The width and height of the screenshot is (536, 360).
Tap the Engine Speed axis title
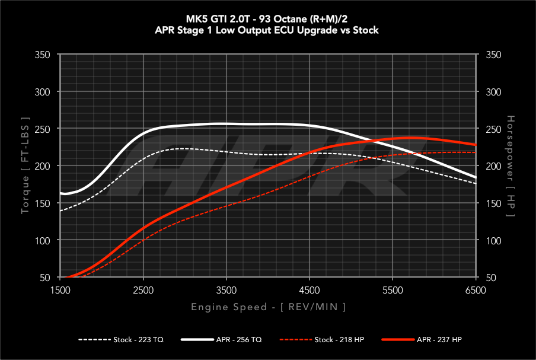coord(268,307)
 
